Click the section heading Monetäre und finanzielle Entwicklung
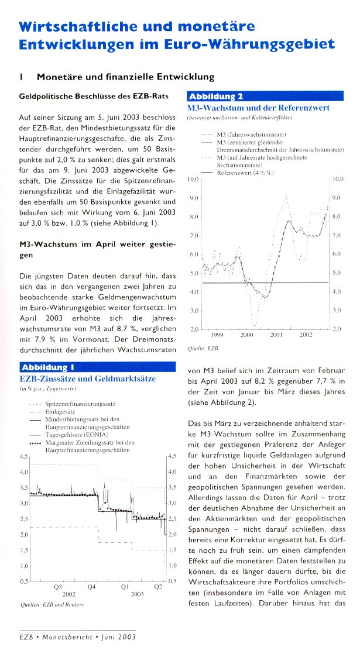click(x=126, y=77)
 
